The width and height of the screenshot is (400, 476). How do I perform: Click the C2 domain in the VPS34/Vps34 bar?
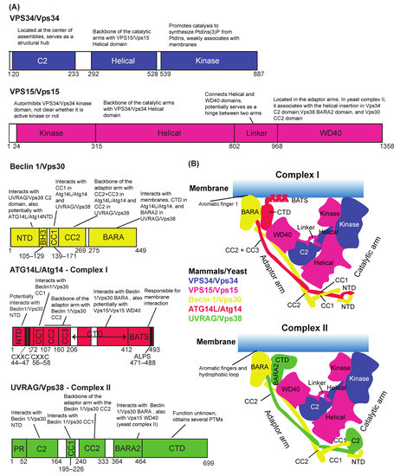(x=38, y=63)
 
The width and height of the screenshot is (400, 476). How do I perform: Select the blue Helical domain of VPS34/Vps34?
(x=115, y=63)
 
